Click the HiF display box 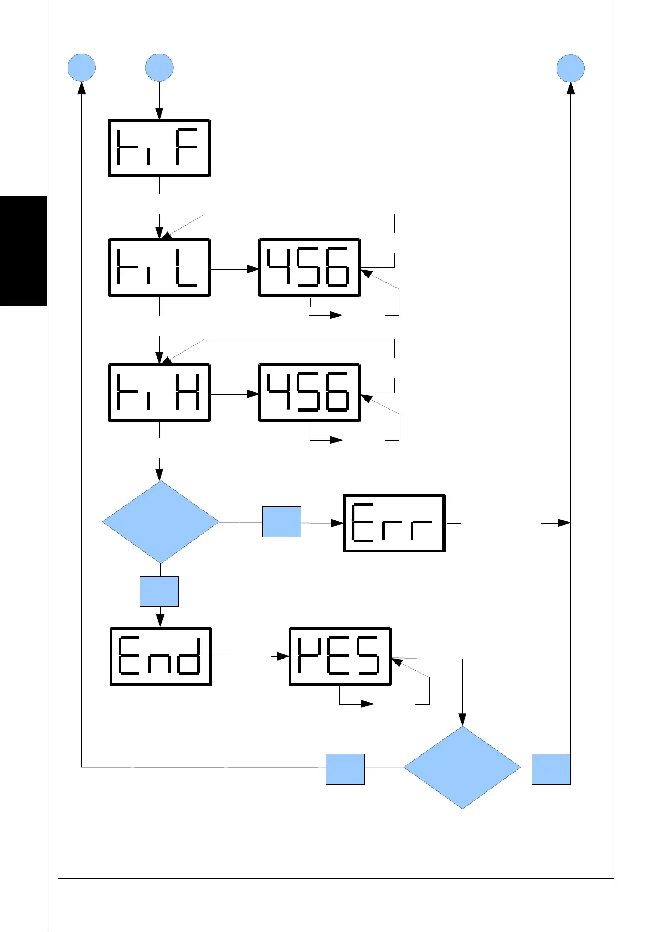pyautogui.click(x=159, y=148)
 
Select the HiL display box pyautogui.click(x=159, y=268)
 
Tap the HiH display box pyautogui.click(x=159, y=392)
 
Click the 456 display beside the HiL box pyautogui.click(x=310, y=268)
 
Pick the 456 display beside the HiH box pyautogui.click(x=310, y=392)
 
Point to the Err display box pyautogui.click(x=394, y=522)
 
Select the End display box pyautogui.click(x=161, y=656)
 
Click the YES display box pyautogui.click(x=339, y=656)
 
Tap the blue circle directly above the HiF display pyautogui.click(x=159, y=68)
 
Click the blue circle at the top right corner pyautogui.click(x=570, y=68)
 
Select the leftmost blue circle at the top pyautogui.click(x=81, y=68)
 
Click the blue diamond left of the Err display pyautogui.click(x=161, y=522)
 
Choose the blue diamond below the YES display pyautogui.click(x=462, y=767)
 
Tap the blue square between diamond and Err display pyautogui.click(x=281, y=521)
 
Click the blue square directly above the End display pyautogui.click(x=159, y=591)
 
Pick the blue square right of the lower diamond pyautogui.click(x=551, y=769)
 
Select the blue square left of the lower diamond pyautogui.click(x=345, y=769)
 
